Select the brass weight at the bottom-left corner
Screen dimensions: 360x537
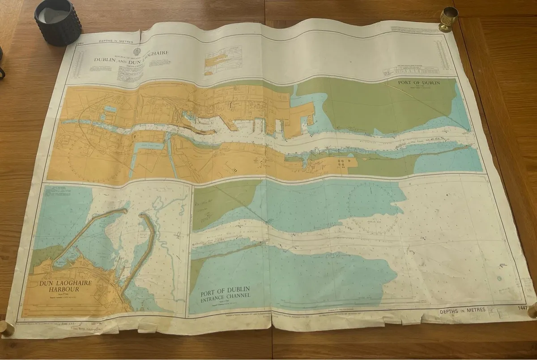click(6, 328)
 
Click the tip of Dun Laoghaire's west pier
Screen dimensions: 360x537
click(127, 209)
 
